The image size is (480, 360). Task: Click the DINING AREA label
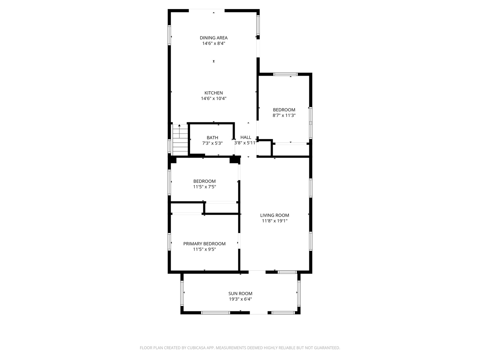point(213,38)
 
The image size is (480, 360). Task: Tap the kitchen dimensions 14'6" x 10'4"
point(213,98)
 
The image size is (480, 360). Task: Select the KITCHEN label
point(213,93)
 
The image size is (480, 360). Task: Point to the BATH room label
point(212,137)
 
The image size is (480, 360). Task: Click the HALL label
point(246,137)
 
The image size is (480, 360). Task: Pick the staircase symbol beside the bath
point(180,140)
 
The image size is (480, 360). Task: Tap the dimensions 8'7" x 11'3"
point(284,115)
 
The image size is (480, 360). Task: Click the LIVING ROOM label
point(274,215)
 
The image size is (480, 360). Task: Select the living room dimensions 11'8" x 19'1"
point(274,221)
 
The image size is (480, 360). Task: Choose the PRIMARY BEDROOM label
point(204,244)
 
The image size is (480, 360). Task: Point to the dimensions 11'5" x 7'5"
point(204,187)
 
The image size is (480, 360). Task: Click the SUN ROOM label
point(240,294)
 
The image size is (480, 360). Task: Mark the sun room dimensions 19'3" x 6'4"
point(240,299)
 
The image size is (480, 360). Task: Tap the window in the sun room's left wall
point(182,293)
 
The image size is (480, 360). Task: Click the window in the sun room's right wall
point(299,293)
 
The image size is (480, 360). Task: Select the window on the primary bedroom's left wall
point(169,242)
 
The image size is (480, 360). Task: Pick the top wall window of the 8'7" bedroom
point(285,74)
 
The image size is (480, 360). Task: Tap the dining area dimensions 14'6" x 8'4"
point(213,43)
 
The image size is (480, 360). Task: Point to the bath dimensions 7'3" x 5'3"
point(212,143)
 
